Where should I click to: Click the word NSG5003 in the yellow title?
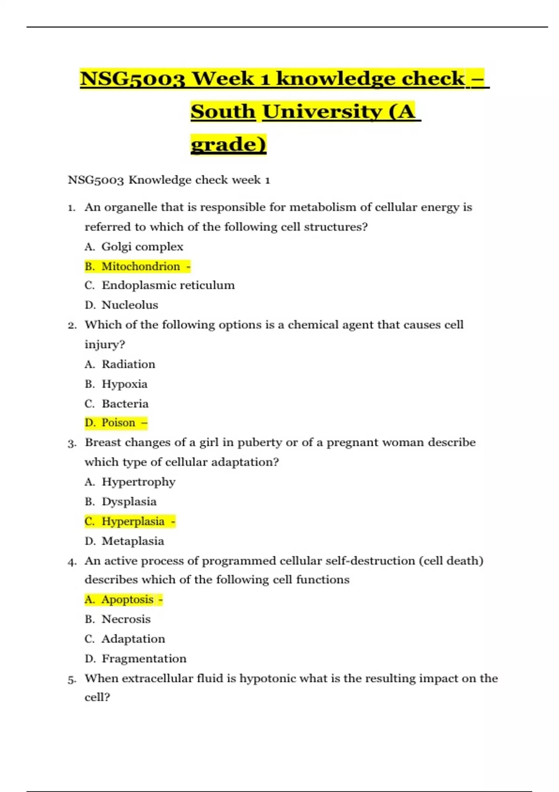[133, 78]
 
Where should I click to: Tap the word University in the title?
[321, 111]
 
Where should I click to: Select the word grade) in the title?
[228, 144]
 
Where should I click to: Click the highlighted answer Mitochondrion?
[141, 266]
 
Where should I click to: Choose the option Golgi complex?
[142, 246]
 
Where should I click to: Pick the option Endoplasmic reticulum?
[168, 285]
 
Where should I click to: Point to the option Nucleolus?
[130, 305]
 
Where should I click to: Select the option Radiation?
[129, 364]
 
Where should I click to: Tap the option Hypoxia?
[124, 384]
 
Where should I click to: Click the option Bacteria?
[125, 404]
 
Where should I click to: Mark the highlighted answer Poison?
[118, 423]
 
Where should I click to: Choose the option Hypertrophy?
[138, 482]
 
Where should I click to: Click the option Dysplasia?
[129, 502]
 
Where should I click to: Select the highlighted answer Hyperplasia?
[133, 521]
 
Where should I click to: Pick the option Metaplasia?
[133, 541]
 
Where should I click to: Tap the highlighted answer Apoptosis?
[128, 600]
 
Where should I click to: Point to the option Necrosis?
[126, 619]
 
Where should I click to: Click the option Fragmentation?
[144, 659]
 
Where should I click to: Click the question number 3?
[71, 443]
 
